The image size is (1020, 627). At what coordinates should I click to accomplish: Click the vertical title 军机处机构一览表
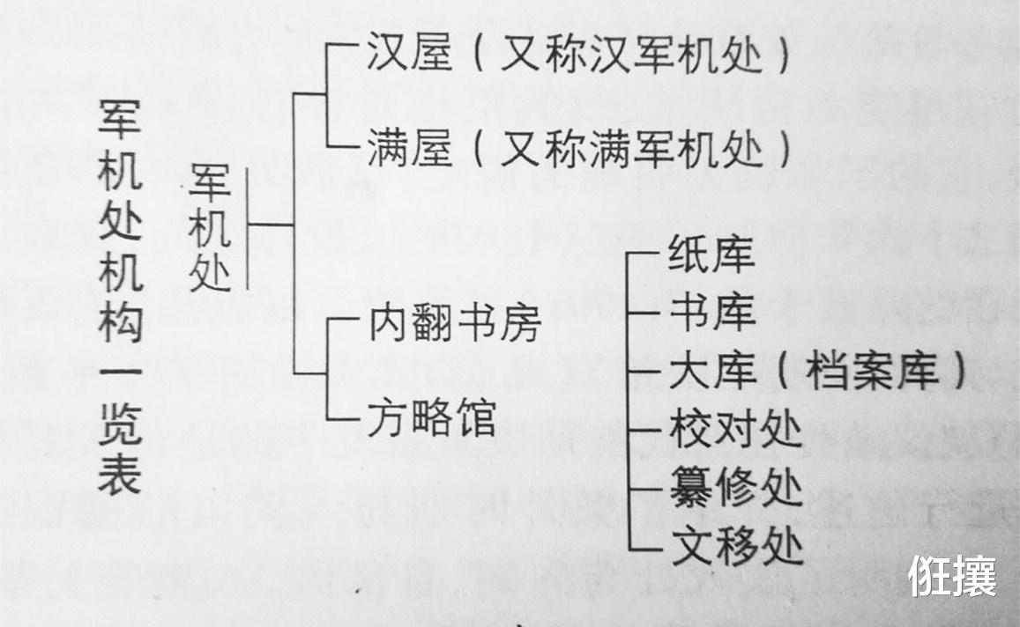point(121,296)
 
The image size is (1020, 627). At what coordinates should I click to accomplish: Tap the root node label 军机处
point(210,227)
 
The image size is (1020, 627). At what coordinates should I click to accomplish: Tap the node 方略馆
point(432,417)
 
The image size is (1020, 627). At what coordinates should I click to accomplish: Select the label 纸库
point(711,254)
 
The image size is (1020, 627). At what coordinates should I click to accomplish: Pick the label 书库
point(711,312)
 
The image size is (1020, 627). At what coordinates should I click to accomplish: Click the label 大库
point(711,371)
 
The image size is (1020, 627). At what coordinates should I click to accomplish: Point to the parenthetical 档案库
point(872,372)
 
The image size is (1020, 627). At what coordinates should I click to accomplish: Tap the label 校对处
point(736,429)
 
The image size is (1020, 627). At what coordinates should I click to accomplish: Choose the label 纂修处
point(736,487)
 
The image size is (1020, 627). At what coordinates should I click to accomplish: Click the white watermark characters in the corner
point(952,576)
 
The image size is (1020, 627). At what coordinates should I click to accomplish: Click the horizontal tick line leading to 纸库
point(644,254)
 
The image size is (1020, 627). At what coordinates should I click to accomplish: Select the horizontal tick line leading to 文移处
point(644,549)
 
